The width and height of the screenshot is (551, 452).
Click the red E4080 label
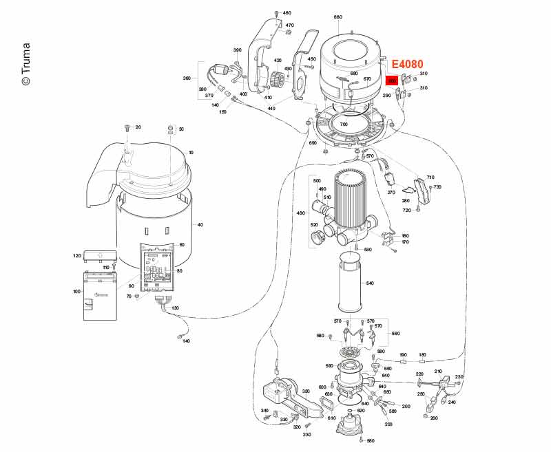pos(408,64)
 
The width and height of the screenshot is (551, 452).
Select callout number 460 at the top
pos(287,13)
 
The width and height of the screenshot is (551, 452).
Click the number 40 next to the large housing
pos(200,225)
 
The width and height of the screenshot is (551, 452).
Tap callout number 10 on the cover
pos(191,152)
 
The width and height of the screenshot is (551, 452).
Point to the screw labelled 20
pos(127,128)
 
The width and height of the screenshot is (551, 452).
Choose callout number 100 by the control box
pos(76,292)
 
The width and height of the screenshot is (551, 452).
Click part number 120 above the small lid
pos(76,255)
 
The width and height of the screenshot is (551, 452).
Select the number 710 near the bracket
pos(430,177)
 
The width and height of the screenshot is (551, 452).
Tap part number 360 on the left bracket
pos(187,78)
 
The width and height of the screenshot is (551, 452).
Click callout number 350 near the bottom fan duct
pos(306,391)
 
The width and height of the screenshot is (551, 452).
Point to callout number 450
pos(311,59)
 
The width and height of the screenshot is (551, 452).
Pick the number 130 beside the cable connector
pos(175,308)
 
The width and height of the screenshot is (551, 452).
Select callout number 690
pos(312,143)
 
